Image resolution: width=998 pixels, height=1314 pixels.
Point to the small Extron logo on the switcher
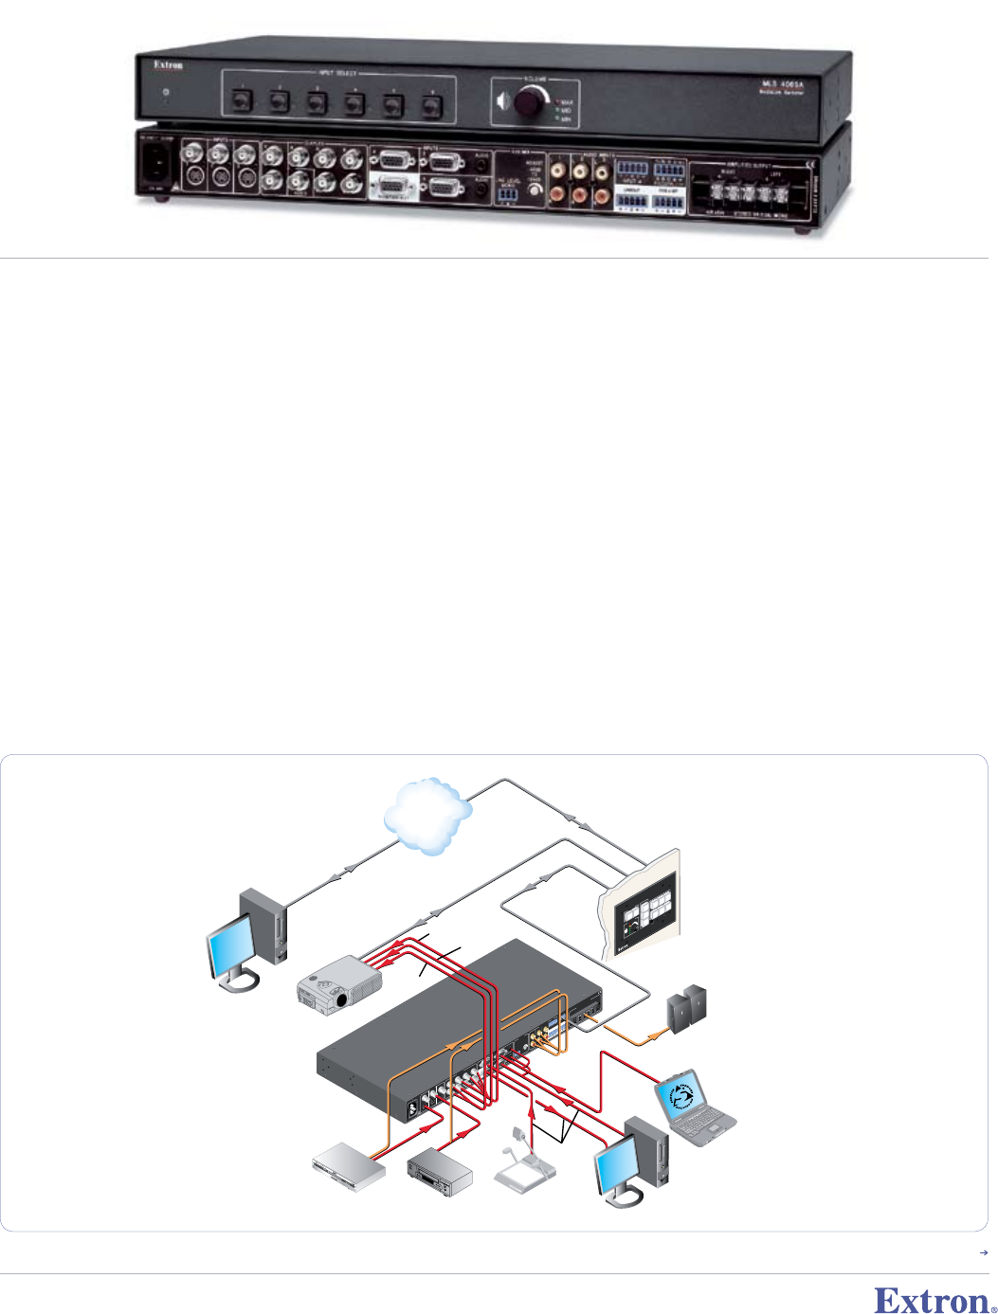pyautogui.click(x=169, y=65)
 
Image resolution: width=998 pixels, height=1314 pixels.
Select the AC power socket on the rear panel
pyautogui.click(x=156, y=165)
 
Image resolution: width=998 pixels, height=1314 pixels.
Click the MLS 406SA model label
pyautogui.click(x=783, y=85)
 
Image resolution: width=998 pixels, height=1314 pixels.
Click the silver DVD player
pyautogui.click(x=350, y=1166)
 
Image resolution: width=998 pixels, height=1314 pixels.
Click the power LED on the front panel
pyautogui.click(x=167, y=94)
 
